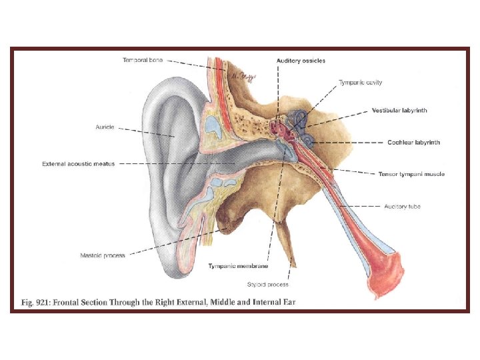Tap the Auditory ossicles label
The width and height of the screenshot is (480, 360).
tap(301, 61)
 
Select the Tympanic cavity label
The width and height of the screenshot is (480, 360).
tap(360, 83)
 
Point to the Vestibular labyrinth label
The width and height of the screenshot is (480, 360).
tap(399, 110)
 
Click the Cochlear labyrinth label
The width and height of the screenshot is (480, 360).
tap(413, 142)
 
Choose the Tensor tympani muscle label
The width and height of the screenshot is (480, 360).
tap(411, 174)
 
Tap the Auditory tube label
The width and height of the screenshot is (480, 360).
tap(402, 206)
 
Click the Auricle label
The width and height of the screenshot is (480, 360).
tap(105, 127)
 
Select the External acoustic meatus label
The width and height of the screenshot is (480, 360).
tap(78, 163)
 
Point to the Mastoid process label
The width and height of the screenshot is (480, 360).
tap(103, 255)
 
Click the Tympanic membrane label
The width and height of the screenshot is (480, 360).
tap(238, 266)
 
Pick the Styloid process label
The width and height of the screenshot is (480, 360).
tap(268, 285)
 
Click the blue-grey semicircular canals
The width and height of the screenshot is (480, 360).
tap(299, 120)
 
